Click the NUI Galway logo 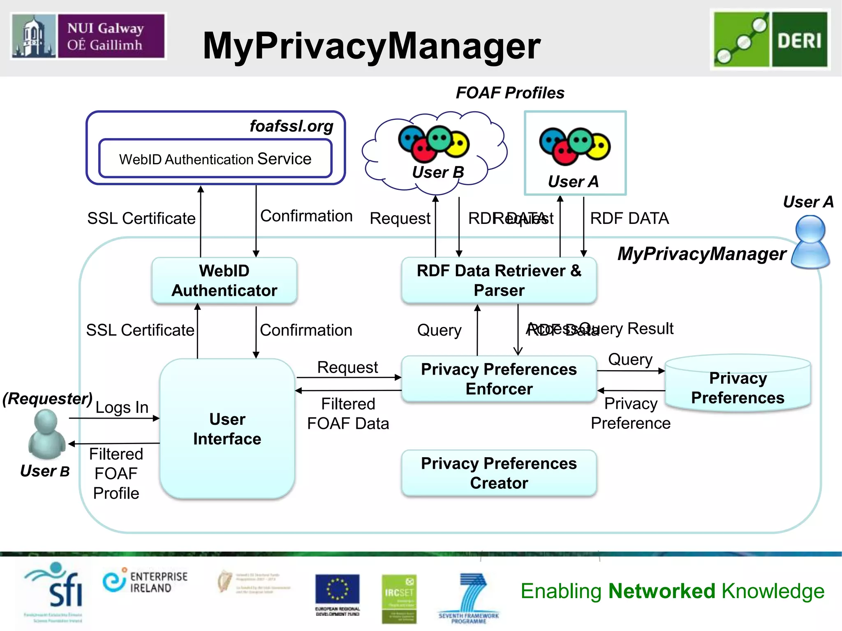click(88, 36)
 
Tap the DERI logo click(770, 39)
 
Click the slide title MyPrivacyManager click(371, 46)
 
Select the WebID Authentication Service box click(215, 159)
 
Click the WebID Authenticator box click(224, 281)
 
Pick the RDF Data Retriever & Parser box click(499, 281)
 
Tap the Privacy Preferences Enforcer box click(499, 379)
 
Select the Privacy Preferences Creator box click(499, 473)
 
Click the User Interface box click(227, 429)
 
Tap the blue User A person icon click(810, 242)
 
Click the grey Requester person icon click(46, 434)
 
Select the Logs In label click(122, 407)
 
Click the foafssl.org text click(291, 126)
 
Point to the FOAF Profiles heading click(510, 93)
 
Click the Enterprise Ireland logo click(145, 582)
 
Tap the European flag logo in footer click(337, 591)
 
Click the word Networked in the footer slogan click(662, 591)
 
